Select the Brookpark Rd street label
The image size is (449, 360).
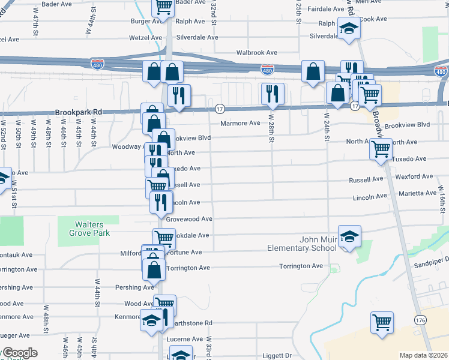coord(79,112)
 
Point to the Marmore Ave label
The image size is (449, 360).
coord(240,123)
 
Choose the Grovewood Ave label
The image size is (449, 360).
coord(190,219)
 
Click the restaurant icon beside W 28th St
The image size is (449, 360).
coord(273,92)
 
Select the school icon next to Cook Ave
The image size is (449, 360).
coord(348,28)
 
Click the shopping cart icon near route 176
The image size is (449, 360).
coord(382,322)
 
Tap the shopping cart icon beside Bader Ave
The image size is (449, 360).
coord(163,6)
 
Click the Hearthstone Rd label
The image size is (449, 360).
coord(192,323)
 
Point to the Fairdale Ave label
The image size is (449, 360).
coord(325,10)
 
